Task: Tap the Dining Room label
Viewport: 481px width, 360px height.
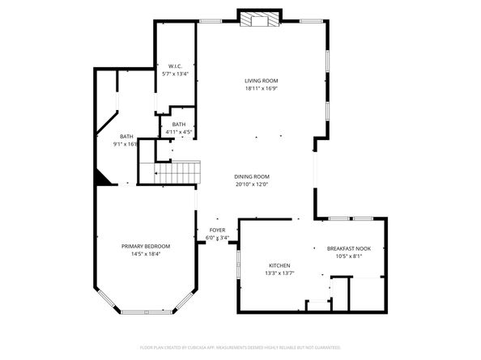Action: pyautogui.click(x=252, y=176)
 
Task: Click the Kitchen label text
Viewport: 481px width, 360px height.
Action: pyautogui.click(x=279, y=265)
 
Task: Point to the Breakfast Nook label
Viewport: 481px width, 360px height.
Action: pyautogui.click(x=348, y=248)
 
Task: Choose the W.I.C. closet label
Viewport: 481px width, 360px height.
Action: pyautogui.click(x=175, y=66)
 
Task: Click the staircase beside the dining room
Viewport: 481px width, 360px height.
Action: pyautogui.click(x=177, y=172)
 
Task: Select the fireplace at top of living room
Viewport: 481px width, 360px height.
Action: pyautogui.click(x=259, y=19)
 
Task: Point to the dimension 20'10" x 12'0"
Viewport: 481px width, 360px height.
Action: pyautogui.click(x=252, y=184)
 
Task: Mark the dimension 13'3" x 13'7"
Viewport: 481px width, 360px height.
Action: pyautogui.click(x=279, y=273)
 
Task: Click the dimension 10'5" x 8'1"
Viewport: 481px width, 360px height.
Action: pyautogui.click(x=348, y=256)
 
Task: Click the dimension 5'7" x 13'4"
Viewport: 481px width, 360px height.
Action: pyautogui.click(x=175, y=74)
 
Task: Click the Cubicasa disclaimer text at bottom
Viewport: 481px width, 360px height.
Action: pyautogui.click(x=240, y=347)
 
